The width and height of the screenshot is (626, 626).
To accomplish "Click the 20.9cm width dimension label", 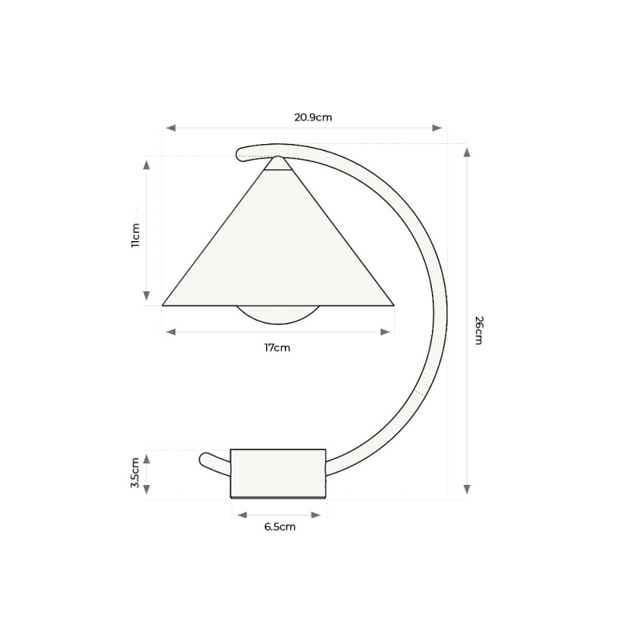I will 313,118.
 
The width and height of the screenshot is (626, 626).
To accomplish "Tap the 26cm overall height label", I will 478,331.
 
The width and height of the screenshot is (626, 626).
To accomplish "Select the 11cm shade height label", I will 135,235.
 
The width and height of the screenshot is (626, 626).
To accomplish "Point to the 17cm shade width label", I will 277,347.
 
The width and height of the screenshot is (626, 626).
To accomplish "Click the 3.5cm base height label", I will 135,473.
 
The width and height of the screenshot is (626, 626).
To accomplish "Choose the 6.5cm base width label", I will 279,527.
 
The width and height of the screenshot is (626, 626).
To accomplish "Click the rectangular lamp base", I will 278,473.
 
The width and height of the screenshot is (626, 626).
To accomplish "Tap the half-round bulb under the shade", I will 278,314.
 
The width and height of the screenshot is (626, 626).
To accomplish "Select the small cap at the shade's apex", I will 278,164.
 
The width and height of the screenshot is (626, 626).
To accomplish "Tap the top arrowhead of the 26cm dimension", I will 467,152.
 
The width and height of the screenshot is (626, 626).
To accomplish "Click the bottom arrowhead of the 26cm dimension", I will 467,489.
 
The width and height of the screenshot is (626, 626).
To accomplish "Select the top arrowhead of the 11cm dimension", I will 146,164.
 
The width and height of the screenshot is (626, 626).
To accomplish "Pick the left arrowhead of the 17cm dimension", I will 171,332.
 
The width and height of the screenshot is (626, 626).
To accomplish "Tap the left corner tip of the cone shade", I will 164,304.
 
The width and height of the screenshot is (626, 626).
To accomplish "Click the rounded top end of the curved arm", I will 240,153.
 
